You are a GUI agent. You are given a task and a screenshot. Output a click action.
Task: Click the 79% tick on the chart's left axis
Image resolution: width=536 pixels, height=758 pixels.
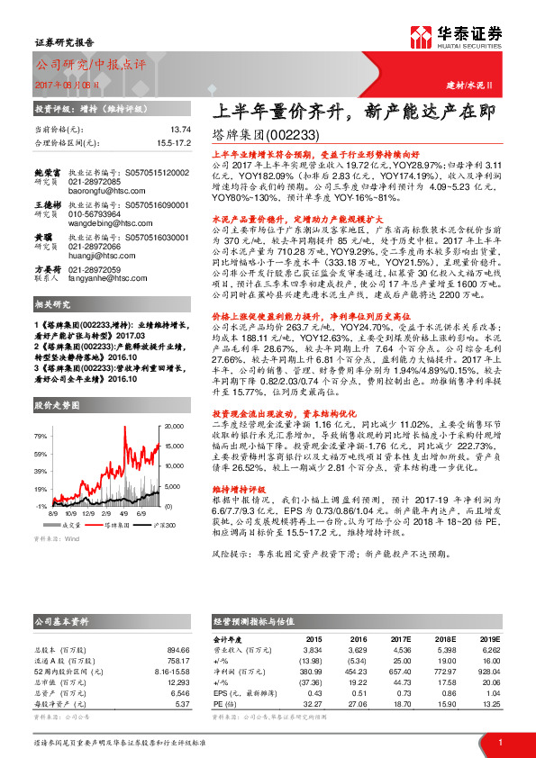(41, 436)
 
